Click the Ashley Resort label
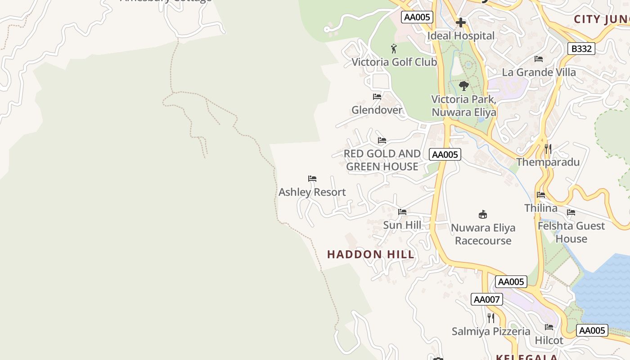point(312,192)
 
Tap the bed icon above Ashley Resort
point(312,179)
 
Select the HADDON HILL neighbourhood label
point(370,254)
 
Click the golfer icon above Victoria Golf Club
point(394,48)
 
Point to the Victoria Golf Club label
point(394,62)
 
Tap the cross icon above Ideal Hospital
point(460,22)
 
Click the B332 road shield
point(581,49)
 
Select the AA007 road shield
point(486,299)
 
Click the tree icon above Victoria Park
point(463,85)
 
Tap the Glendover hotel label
point(377,110)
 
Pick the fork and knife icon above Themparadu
point(548,148)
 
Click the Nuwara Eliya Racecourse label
point(483,234)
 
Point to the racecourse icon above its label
point(483,214)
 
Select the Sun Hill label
point(402,225)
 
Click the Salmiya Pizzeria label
point(490,332)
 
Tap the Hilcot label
point(549,341)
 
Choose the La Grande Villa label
point(539,72)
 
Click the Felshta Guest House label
point(571,232)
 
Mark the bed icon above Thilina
point(540,195)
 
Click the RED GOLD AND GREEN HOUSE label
point(382,160)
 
